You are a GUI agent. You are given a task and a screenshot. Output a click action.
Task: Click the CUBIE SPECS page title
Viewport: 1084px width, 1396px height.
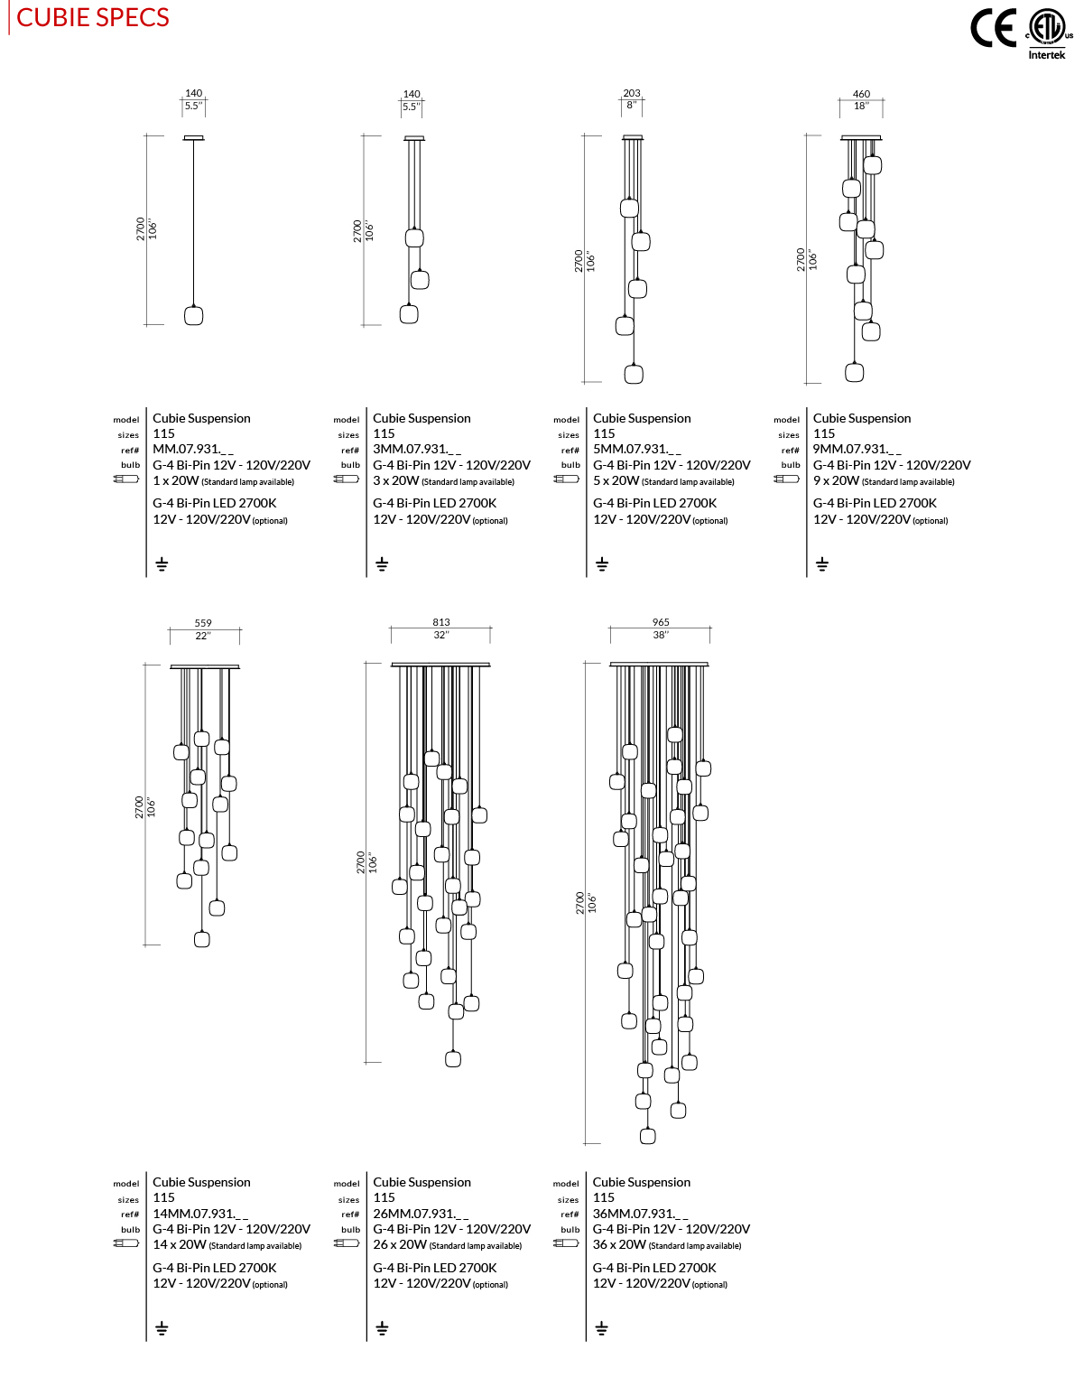[x=93, y=18]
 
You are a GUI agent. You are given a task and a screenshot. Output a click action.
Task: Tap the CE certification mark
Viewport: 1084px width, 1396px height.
[x=993, y=28]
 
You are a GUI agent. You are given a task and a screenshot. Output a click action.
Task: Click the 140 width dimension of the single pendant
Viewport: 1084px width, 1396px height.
[x=193, y=93]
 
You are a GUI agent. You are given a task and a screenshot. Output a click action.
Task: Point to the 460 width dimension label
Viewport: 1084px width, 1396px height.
[x=861, y=94]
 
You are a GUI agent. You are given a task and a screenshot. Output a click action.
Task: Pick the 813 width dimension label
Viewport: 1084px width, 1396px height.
[x=440, y=622]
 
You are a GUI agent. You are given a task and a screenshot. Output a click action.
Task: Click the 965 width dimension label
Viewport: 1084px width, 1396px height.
[x=661, y=622]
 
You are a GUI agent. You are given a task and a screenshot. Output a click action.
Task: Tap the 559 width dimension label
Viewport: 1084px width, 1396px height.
[x=203, y=623]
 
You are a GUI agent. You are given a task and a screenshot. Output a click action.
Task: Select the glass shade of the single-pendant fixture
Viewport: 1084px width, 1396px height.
[x=193, y=315]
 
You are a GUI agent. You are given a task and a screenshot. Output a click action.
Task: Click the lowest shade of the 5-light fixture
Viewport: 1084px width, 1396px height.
[x=634, y=374]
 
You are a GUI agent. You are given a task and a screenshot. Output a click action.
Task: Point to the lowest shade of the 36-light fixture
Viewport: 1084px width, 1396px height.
[x=647, y=1136]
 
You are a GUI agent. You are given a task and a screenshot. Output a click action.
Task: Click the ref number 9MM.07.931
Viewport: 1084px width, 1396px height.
[x=857, y=449]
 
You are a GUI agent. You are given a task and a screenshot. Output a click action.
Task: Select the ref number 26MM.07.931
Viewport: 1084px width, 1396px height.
[x=421, y=1214]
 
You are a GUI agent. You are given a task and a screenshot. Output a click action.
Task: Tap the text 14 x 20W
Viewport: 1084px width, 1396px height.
[x=180, y=1244]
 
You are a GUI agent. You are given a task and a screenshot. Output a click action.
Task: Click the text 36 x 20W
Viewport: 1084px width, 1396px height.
[x=619, y=1244]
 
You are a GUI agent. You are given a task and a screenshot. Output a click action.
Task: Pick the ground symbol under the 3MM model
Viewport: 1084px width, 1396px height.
[x=382, y=564]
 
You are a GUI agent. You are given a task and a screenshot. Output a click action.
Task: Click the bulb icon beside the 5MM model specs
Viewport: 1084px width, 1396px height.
[x=567, y=479]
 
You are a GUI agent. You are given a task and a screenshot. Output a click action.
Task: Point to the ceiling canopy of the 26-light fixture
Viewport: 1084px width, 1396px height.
[x=440, y=665]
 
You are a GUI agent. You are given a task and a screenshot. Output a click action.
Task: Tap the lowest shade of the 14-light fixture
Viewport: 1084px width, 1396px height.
[x=202, y=939]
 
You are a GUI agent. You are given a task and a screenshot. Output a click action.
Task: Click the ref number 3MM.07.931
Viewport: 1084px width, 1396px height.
[x=417, y=449]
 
